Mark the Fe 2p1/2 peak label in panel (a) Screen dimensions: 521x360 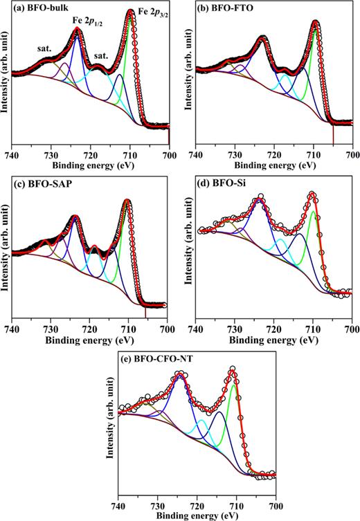click(89, 21)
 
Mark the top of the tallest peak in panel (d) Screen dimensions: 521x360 click(312, 194)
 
